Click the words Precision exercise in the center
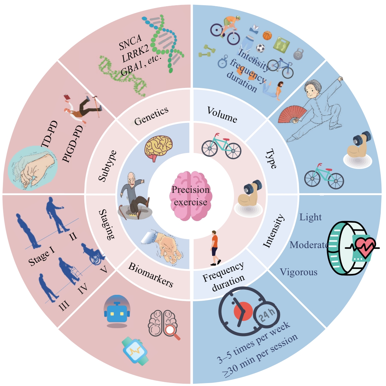pyautogui.click(x=191, y=196)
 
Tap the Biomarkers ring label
pyautogui.click(x=151, y=275)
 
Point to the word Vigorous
pyautogui.click(x=298, y=272)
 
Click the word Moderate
pyautogui.click(x=309, y=245)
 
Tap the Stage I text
pyautogui.click(x=42, y=257)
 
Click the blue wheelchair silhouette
pyautogui.click(x=94, y=254)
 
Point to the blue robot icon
pyautogui.click(x=117, y=311)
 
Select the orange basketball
pyautogui.click(x=267, y=35)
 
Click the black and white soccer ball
pyautogui.click(x=260, y=48)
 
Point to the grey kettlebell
pyautogui.click(x=298, y=54)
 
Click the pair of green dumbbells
pyautogui.click(x=207, y=51)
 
